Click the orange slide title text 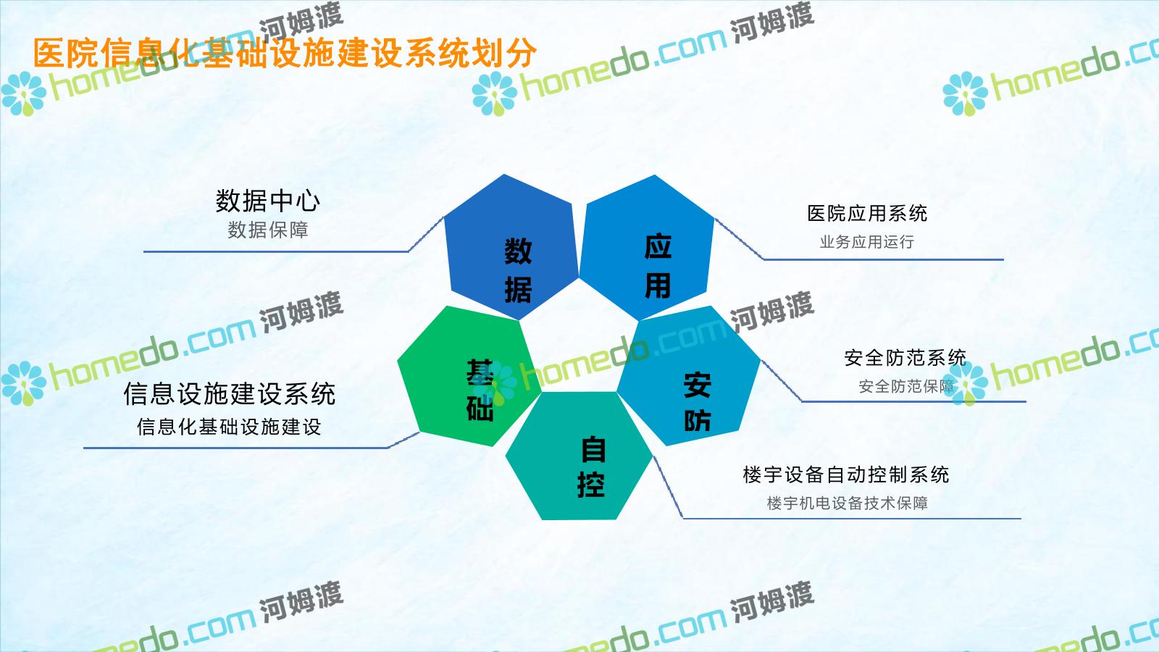pos(285,53)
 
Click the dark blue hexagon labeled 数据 pos(511,247)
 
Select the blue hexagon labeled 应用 pos(647,247)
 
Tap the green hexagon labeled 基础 pos(469,376)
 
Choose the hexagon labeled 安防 pos(689,376)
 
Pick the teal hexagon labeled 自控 pos(579,456)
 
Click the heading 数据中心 pos(268,201)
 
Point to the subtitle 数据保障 pos(268,230)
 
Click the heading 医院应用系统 pos(867,213)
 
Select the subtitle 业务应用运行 pos(867,242)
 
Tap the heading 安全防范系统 pos(905,358)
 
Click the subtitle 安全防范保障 pos(906,386)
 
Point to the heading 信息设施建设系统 pos(229,394)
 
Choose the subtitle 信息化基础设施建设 pos(229,427)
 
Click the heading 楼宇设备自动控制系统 pos(846,475)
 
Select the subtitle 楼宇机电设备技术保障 pos(847,503)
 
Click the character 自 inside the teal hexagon pos(593,449)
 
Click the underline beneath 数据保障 pos(276,252)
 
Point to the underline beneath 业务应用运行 pos(884,260)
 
